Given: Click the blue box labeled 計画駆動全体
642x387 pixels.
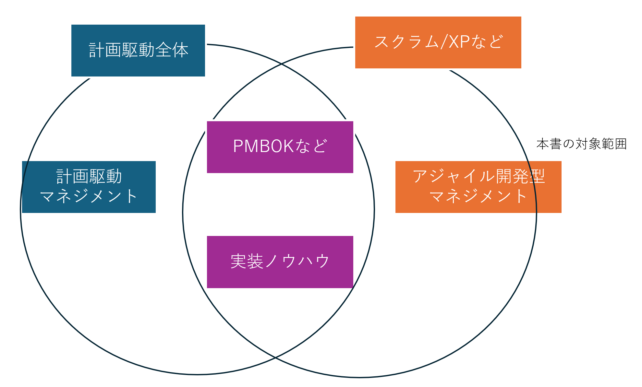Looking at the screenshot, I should pyautogui.click(x=138, y=51).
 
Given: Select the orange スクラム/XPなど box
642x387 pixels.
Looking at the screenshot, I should pyautogui.click(x=438, y=42).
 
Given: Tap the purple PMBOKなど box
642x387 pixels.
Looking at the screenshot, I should pyautogui.click(x=280, y=147).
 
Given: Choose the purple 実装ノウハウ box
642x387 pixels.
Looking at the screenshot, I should pyautogui.click(x=280, y=262).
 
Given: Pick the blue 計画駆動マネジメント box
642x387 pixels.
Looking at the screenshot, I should pyautogui.click(x=89, y=187).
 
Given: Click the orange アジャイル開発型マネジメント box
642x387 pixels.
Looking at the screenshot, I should pyautogui.click(x=478, y=187).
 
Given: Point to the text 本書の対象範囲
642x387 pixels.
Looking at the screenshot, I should pyautogui.click(x=581, y=144).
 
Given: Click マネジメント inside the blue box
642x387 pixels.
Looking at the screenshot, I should pyautogui.click(x=89, y=196).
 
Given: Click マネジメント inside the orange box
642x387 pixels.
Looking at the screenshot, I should pyautogui.click(x=478, y=196).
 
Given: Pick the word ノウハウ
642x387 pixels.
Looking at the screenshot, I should pyautogui.click(x=297, y=261).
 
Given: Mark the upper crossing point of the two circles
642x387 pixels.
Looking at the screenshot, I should pyautogui.click(x=281, y=64).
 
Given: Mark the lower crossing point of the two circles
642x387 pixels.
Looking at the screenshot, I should pyautogui.click(x=275, y=358).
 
